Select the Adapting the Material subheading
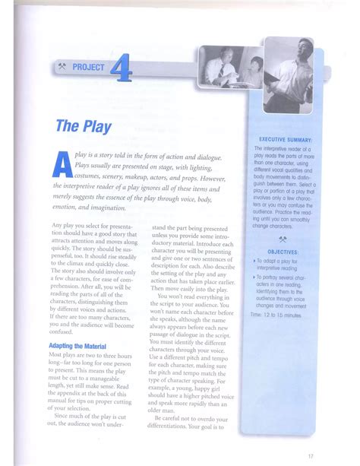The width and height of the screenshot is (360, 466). pyautogui.click(x=84, y=346)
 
